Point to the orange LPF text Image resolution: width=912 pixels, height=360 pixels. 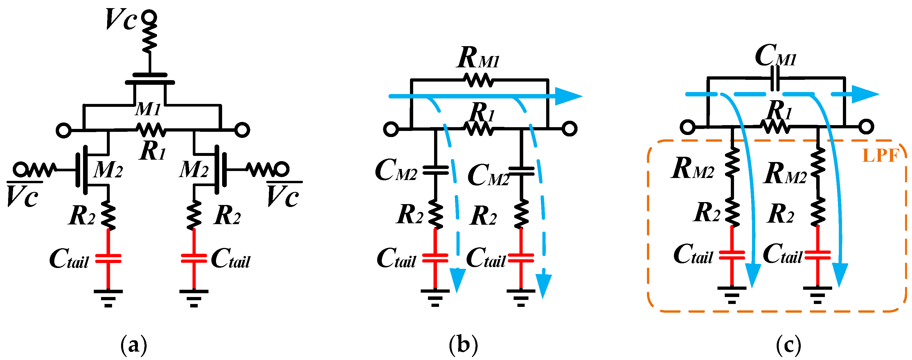click(x=881, y=155)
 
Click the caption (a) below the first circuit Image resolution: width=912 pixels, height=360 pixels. click(x=134, y=344)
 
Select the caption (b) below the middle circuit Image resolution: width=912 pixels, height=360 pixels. click(x=463, y=344)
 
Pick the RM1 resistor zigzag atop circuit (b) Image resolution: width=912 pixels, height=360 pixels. click(x=479, y=80)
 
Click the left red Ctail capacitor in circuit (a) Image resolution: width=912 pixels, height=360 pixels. click(x=108, y=258)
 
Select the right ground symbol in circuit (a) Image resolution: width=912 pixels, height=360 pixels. click(x=194, y=298)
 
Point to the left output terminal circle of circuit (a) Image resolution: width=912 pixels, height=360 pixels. click(x=64, y=130)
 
